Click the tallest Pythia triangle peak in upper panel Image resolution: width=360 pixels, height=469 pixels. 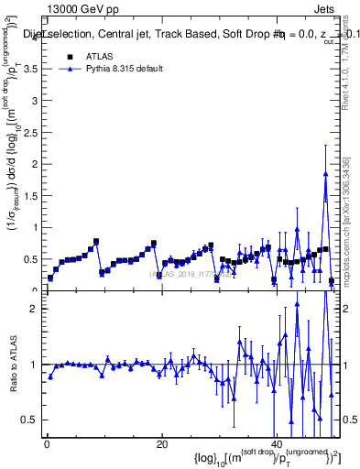click(x=325, y=174)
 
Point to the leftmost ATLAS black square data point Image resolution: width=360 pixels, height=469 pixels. click(x=50, y=278)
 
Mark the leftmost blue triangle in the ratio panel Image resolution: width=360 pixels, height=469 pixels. click(x=50, y=376)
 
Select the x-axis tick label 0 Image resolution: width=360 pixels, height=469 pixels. click(x=47, y=444)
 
